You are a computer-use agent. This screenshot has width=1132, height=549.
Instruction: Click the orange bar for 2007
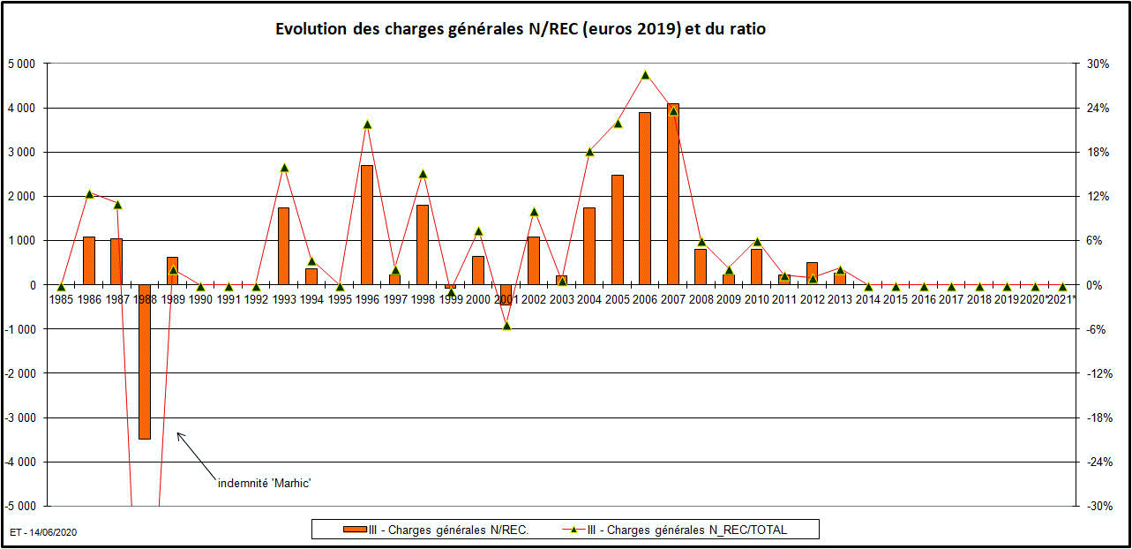click(673, 194)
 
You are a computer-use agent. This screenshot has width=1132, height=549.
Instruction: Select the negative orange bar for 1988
click(145, 362)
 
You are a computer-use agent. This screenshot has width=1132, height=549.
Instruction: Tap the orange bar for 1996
click(367, 225)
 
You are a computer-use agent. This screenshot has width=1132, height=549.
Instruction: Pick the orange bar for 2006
click(645, 199)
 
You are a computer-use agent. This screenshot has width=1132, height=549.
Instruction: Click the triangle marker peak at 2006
click(645, 75)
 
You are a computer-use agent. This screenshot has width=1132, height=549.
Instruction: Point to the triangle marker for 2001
click(506, 326)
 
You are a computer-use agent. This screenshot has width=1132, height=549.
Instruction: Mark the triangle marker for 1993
click(284, 168)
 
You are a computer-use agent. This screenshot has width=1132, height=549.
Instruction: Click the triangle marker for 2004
click(589, 151)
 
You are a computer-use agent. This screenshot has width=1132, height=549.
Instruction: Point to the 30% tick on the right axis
click(1098, 64)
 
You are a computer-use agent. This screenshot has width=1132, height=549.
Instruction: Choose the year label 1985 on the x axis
click(61, 300)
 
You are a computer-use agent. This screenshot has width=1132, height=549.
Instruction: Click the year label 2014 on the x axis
click(867, 300)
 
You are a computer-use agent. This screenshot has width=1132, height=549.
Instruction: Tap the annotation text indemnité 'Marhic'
click(265, 483)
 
